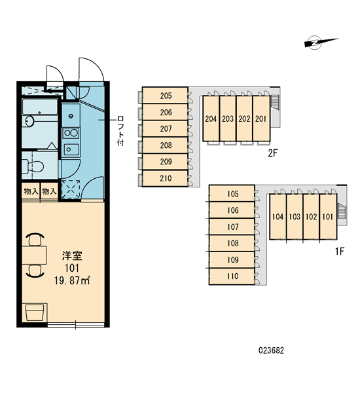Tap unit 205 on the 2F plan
coord(165,95)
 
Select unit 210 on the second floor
coord(165,178)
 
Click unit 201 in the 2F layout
coord(261,119)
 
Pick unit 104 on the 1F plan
coord(278,217)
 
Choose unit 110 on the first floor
coord(232,276)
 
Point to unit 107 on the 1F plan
coord(232,227)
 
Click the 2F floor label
coord(273,153)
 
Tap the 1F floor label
coord(340,251)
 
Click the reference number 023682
coord(272,350)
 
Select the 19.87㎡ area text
coord(72,280)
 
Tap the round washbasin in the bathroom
coord(29,121)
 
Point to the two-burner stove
coord(71,133)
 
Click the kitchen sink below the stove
coord(71,149)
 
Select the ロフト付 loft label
coord(120,131)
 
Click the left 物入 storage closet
coord(31,192)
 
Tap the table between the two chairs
coord(34,255)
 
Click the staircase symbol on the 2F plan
coord(274,102)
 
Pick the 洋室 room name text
coord(72,256)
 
